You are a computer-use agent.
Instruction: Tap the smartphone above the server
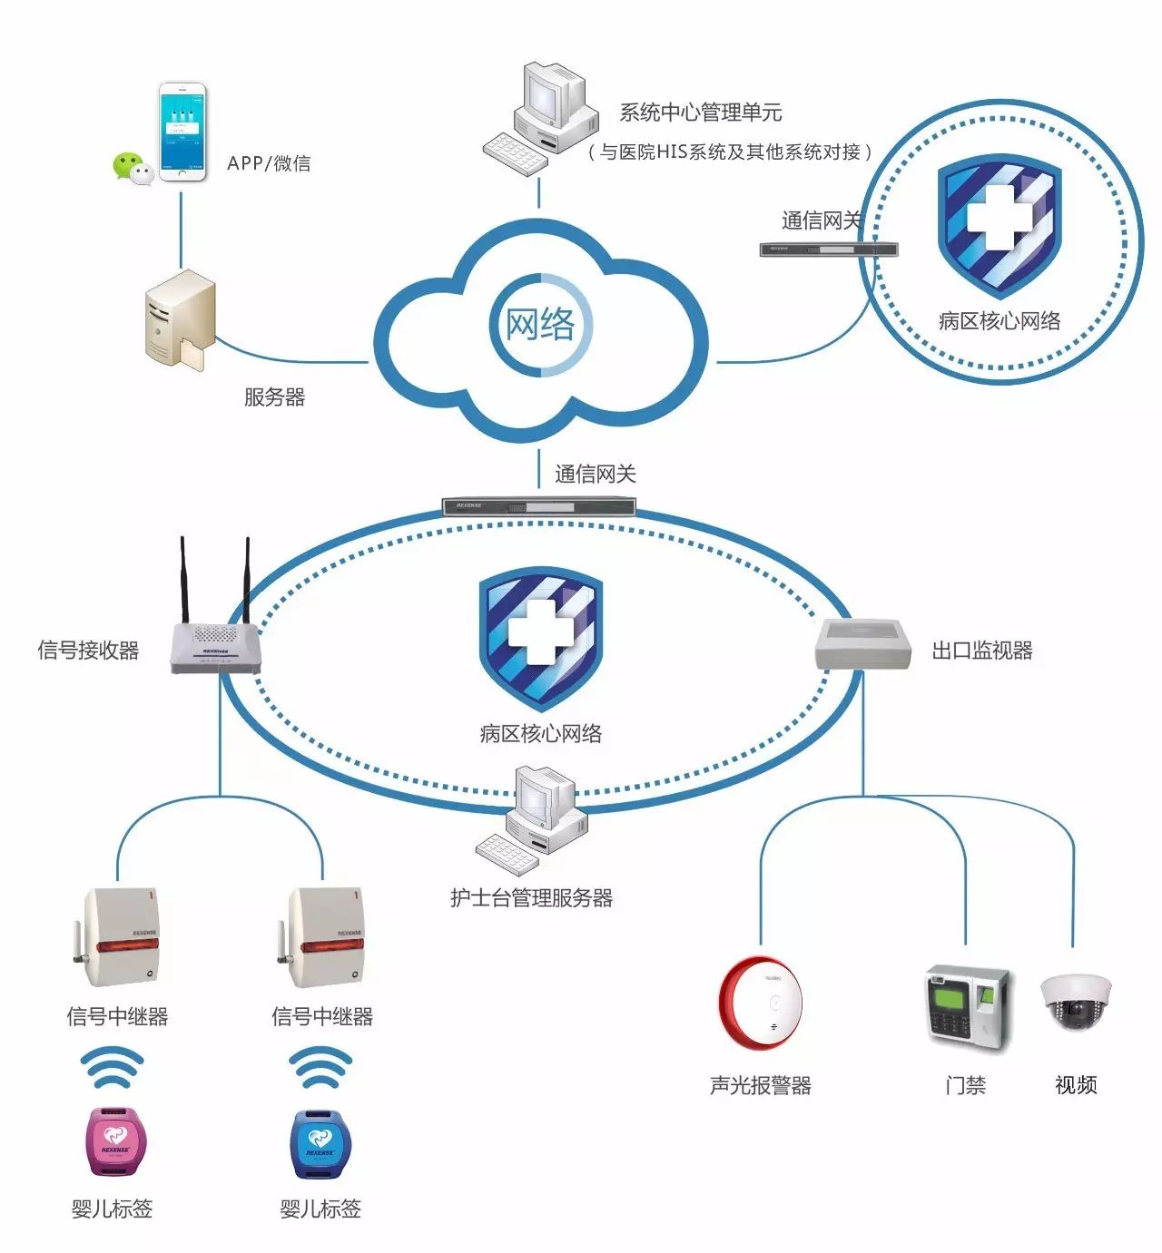pos(182,132)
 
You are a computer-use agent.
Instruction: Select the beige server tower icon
pos(180,322)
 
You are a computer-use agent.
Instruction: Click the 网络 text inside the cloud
pos(540,324)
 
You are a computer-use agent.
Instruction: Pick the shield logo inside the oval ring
pos(540,636)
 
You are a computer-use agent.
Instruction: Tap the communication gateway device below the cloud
pos(539,506)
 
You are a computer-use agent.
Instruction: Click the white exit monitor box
pos(862,643)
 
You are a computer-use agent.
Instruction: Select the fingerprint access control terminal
pos(966,1006)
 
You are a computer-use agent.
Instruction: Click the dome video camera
pos(1075,1002)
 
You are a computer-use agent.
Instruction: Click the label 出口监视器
pos(982,650)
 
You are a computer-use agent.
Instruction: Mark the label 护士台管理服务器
pos(531,898)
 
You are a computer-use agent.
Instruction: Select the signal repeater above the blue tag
pos(321,939)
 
